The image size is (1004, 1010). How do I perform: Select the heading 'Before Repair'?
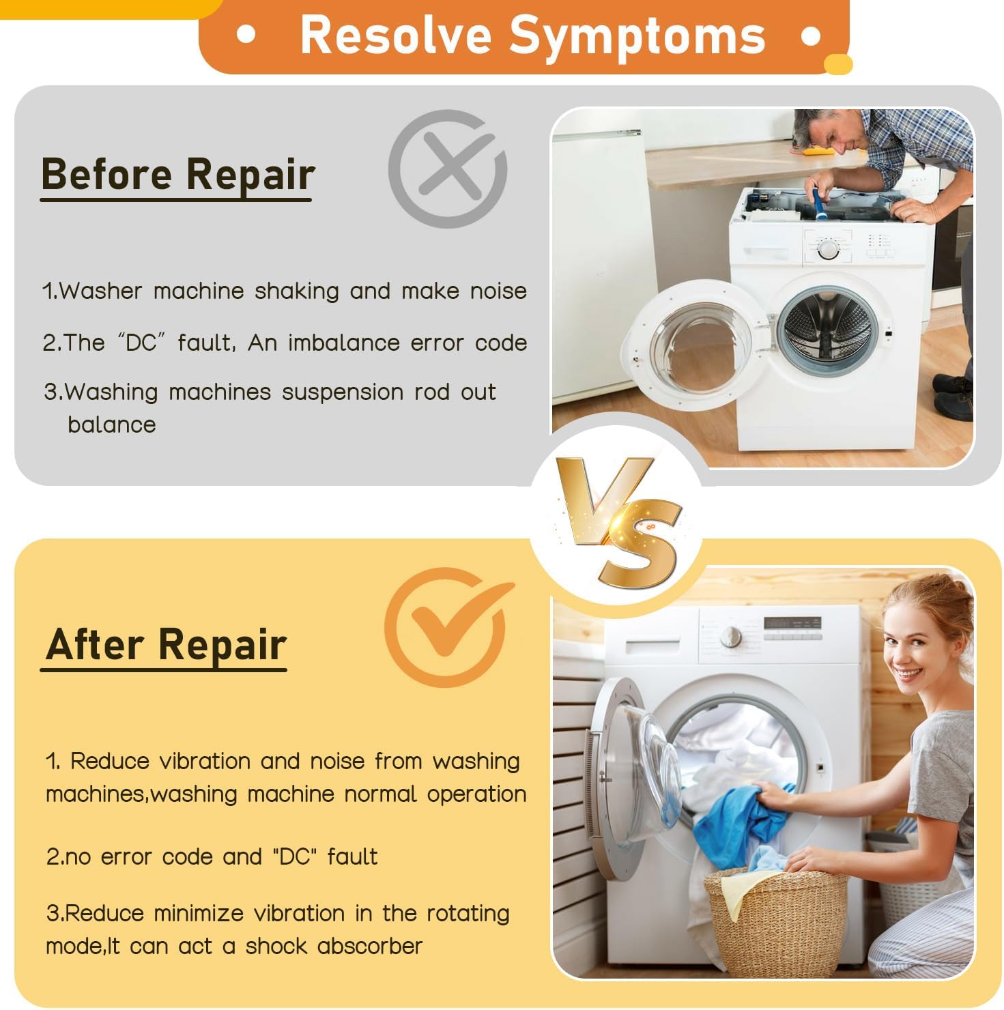click(x=177, y=175)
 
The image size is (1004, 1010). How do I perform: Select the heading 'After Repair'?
click(x=165, y=645)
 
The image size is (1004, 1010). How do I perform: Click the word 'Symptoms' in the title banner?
click(x=637, y=35)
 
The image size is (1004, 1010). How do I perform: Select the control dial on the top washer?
click(x=828, y=249)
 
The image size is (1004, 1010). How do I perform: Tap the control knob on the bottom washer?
click(x=731, y=636)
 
